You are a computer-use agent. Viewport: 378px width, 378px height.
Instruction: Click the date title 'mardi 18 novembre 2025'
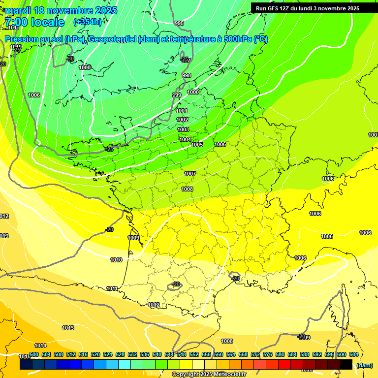(x=61, y=10)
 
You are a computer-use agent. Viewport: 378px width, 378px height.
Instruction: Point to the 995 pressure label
(x=179, y=23)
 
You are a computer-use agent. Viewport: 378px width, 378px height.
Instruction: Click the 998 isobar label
(x=187, y=75)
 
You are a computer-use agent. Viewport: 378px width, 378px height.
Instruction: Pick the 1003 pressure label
(x=183, y=129)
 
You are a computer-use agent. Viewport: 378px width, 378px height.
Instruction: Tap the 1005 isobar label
(x=197, y=145)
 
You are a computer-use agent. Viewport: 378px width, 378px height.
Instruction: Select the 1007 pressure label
(x=190, y=174)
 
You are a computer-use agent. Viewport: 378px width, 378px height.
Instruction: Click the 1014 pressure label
(x=40, y=346)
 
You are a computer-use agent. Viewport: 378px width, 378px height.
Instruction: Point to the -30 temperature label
(x=70, y=59)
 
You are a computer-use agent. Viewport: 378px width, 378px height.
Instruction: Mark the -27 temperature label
(x=185, y=60)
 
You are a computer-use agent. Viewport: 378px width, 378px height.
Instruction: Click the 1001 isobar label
(x=182, y=111)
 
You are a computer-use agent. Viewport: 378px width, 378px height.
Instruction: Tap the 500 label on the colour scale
(x=34, y=354)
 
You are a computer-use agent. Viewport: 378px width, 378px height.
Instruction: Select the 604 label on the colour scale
(x=354, y=354)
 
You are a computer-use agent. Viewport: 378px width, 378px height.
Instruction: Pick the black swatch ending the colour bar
(x=346, y=364)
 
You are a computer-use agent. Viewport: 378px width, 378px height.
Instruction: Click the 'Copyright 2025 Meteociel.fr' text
(x=209, y=374)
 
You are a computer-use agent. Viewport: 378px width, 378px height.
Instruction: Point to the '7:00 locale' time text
(x=34, y=22)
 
